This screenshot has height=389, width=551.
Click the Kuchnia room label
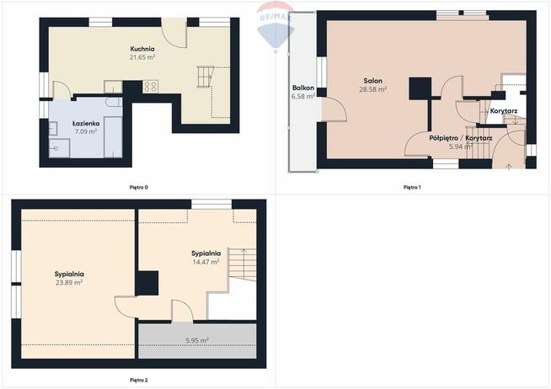[142, 49]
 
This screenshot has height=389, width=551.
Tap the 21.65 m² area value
[142, 57]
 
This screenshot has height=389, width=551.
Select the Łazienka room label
[86, 123]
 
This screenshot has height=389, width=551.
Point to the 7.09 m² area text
[86, 131]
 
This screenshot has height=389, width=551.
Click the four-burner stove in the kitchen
[151, 87]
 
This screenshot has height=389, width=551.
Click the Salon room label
[373, 81]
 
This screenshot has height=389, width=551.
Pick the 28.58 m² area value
[373, 89]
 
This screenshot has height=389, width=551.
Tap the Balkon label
[303, 88]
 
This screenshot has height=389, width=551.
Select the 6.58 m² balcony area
[303, 96]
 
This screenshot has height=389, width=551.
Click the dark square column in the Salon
[420, 88]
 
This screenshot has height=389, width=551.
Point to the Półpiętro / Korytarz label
[461, 138]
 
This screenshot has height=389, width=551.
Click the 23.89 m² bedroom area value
[69, 282]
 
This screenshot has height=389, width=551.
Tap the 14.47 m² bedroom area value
[206, 262]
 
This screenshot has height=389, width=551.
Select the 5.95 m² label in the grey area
[197, 340]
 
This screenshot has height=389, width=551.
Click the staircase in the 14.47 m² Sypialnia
[242, 264]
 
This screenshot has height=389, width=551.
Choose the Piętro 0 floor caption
[139, 187]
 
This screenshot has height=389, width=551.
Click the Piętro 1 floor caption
[412, 187]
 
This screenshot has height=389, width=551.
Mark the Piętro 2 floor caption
[139, 380]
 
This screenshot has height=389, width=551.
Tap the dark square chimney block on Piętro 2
[147, 283]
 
